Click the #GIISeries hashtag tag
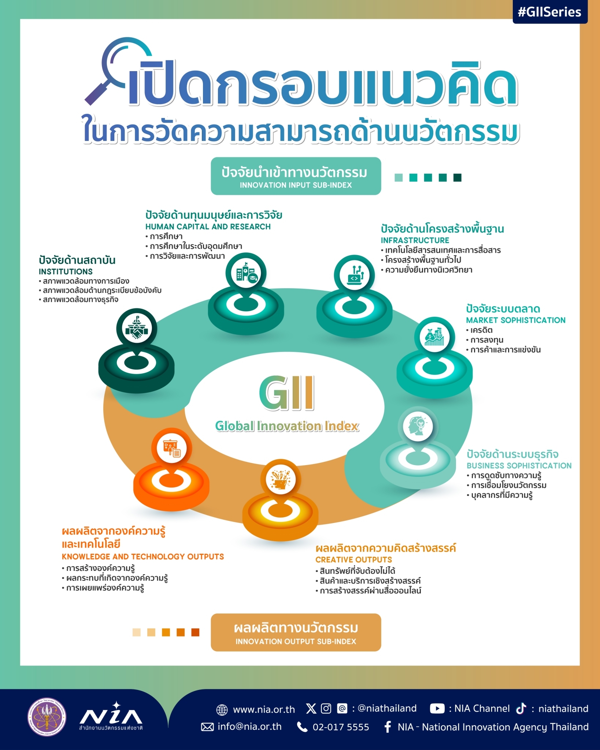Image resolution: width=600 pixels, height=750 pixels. [x=550, y=12]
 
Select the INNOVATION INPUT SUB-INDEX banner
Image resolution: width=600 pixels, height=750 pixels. [x=296, y=176]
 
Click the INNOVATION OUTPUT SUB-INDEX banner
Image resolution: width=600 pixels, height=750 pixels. [x=296, y=632]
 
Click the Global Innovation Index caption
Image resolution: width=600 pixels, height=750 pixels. [x=287, y=426]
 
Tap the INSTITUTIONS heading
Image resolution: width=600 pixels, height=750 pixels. [x=66, y=272]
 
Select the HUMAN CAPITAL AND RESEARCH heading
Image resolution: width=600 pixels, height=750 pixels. [x=208, y=227]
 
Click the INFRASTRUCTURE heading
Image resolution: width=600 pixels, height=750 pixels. [x=415, y=240]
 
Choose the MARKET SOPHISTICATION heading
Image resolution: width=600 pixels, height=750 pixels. [x=516, y=320]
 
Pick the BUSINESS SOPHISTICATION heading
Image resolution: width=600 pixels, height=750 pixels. [x=519, y=465]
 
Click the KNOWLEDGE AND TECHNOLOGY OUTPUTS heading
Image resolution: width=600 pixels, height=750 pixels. [x=143, y=557]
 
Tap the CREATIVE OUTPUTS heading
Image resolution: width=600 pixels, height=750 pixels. [x=354, y=560]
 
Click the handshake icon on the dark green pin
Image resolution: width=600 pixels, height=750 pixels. [x=137, y=328]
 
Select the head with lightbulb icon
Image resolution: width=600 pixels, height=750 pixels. [x=418, y=426]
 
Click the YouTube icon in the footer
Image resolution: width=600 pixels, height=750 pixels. [x=437, y=708]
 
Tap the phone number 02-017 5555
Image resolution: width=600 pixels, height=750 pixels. [x=341, y=727]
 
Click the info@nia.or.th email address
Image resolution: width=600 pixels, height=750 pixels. [x=250, y=727]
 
